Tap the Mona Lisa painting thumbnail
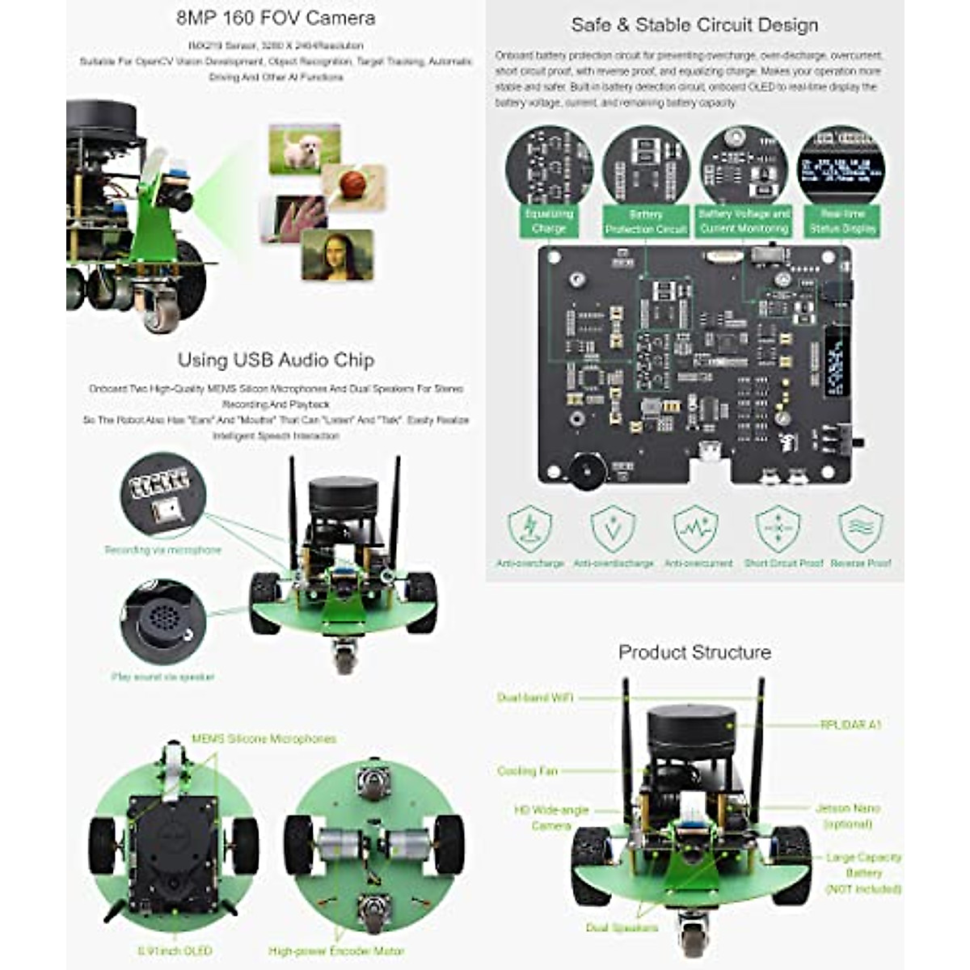337,255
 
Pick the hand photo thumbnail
293,218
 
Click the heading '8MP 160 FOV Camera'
275,18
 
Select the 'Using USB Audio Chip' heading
276,360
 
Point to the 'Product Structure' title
694,652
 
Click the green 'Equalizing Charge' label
549,221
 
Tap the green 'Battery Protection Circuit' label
645,221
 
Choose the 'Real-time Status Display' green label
842,221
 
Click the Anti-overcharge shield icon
529,529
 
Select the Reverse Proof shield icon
860,529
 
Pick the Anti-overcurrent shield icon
695,529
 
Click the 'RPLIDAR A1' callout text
850,725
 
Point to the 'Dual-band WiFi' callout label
534,698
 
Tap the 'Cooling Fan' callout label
527,771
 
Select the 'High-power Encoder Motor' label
336,951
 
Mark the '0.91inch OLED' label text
175,951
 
